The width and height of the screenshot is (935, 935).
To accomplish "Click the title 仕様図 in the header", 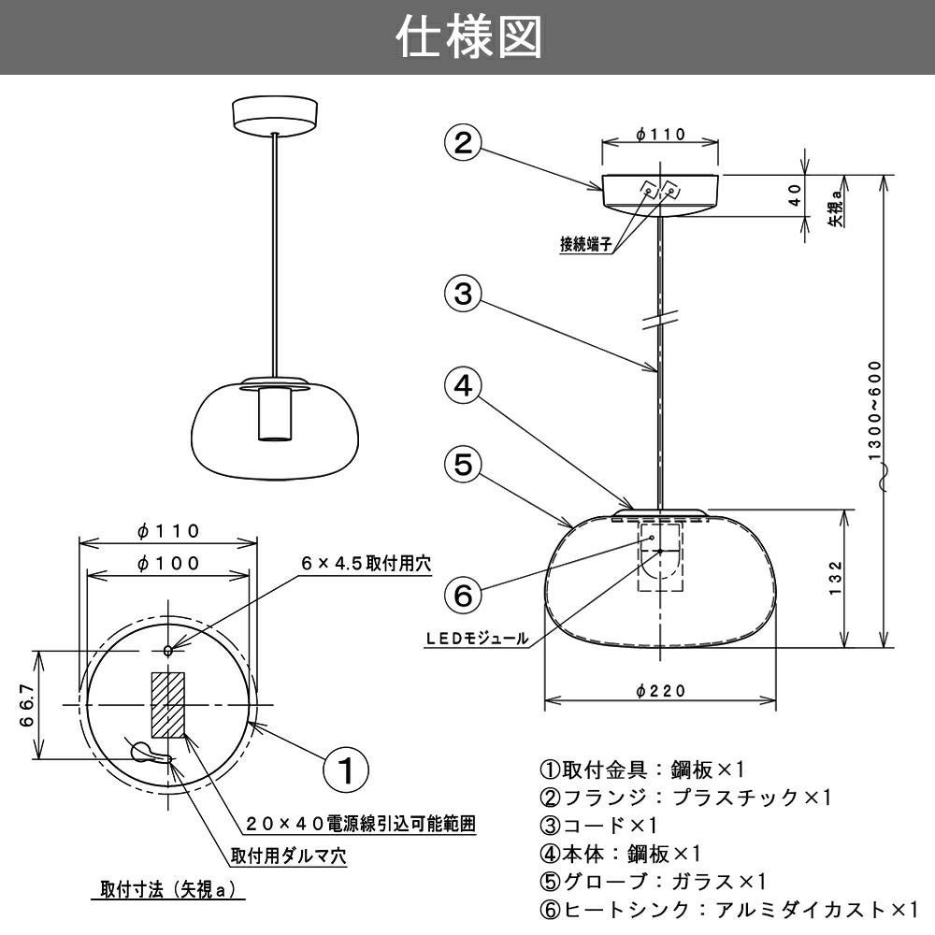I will tap(467, 38).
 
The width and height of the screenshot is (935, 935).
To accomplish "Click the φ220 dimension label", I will tap(660, 691).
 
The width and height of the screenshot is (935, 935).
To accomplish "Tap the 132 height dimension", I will tap(835, 579).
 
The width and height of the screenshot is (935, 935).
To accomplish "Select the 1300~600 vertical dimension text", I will tap(875, 411).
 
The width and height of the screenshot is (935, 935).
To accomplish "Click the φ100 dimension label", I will tap(168, 563).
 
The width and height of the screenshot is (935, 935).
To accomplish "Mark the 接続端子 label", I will tap(586, 246).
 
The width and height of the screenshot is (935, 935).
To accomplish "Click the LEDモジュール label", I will tap(477, 640).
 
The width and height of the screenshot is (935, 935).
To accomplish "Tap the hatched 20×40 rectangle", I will tap(168, 703).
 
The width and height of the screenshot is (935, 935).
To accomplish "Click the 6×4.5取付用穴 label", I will tap(366, 563).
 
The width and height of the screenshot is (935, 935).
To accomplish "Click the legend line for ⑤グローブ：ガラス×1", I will tap(654, 881).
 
